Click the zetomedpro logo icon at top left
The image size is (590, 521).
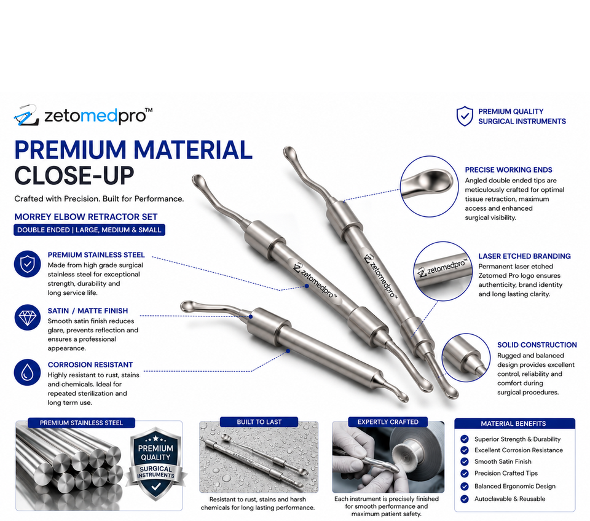[26, 115]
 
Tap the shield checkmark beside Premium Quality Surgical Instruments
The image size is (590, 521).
[465, 116]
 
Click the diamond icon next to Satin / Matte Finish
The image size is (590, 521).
[28, 318]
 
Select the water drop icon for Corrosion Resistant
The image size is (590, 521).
[28, 372]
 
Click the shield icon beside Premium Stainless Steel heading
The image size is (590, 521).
[28, 264]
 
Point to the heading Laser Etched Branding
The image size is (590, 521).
[524, 256]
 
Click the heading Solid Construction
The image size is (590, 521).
[537, 345]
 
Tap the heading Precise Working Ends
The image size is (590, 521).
[509, 170]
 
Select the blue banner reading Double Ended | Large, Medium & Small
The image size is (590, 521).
[89, 230]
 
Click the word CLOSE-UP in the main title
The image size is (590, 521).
[74, 176]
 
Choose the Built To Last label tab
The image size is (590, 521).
[259, 422]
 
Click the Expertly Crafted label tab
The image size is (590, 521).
[388, 422]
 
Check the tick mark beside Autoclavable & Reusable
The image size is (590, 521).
[465, 499]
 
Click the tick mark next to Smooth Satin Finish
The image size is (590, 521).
[465, 461]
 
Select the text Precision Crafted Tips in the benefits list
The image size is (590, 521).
[506, 473]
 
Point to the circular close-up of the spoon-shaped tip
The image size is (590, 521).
[429, 186]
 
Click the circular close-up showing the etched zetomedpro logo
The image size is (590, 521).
[442, 271]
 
